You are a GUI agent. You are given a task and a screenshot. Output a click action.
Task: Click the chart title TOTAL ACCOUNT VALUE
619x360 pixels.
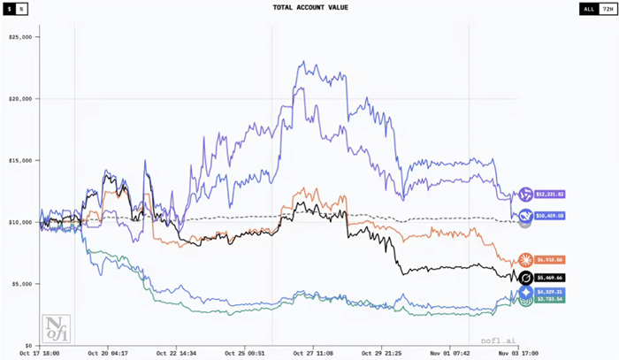(309, 9)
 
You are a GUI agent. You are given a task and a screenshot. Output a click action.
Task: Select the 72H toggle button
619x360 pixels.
(606, 9)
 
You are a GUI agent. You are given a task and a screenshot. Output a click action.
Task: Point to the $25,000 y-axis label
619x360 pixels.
(19, 37)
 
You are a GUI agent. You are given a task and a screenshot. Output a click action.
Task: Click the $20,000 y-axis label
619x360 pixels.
(19, 99)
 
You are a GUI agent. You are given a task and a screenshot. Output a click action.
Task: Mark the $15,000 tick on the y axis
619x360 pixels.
(19, 160)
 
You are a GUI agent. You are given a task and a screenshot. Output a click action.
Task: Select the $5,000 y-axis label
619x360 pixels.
(21, 284)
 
